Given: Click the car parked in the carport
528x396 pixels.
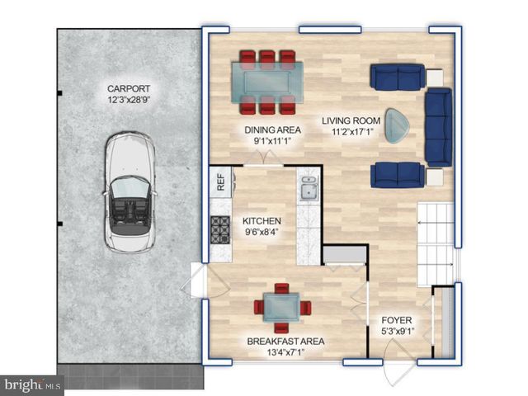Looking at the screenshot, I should [x=129, y=195].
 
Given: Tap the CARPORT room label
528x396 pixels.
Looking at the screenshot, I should [x=130, y=89].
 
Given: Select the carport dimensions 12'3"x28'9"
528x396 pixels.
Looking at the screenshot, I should [x=130, y=101].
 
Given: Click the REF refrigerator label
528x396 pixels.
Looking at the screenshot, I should [x=221, y=181].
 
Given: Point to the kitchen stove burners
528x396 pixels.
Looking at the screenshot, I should [x=220, y=228].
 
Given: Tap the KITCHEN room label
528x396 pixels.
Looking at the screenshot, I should [x=262, y=221].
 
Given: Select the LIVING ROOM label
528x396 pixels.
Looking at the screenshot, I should [x=353, y=119].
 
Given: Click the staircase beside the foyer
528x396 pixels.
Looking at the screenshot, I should [x=435, y=240].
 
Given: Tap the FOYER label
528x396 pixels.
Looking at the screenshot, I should [x=396, y=321].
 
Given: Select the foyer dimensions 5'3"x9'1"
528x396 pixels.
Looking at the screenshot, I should [x=397, y=332].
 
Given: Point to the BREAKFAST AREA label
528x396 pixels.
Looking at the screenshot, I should [x=285, y=342].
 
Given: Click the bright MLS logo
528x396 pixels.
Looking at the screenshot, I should [x=31, y=384].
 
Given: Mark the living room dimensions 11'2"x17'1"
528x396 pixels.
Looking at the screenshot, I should [x=353, y=130].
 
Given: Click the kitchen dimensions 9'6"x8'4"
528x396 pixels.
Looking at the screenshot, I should [x=262, y=233].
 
